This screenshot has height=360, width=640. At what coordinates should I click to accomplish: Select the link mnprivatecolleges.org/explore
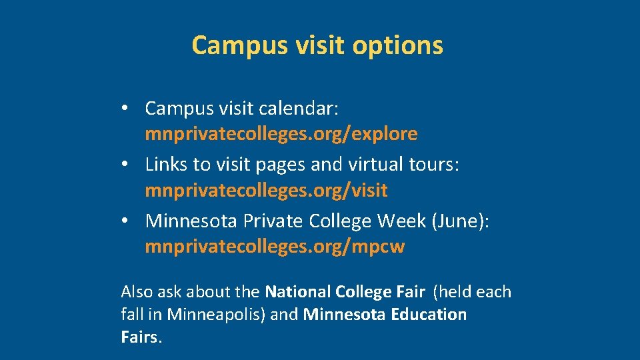coord(281,134)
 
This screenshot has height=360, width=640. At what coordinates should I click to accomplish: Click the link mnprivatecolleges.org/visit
coord(266,191)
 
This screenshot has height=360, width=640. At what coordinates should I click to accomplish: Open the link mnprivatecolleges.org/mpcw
coord(275,247)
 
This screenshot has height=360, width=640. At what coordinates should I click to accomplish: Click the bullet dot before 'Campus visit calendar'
coord(125,108)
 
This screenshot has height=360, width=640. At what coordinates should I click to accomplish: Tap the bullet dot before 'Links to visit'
coord(125,165)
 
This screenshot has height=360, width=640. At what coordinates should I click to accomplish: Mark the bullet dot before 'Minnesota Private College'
coord(125,221)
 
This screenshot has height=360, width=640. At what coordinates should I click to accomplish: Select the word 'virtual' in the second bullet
coord(375,164)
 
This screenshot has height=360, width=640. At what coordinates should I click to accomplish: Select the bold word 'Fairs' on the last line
coord(140,337)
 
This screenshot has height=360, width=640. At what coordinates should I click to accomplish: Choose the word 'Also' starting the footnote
coord(137,292)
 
